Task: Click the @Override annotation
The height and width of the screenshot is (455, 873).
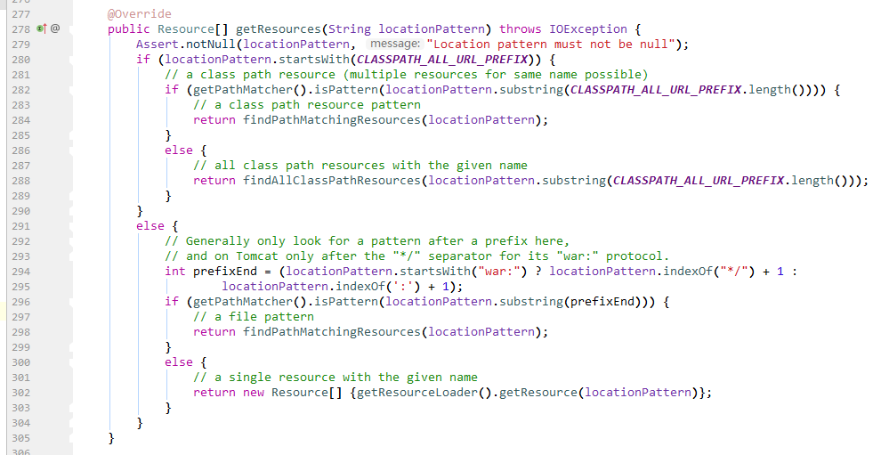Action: point(139,14)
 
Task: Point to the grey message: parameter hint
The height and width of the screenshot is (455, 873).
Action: point(394,45)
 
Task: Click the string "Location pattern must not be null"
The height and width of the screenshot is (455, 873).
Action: point(552,45)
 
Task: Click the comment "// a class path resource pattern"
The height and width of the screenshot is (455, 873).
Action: point(305,105)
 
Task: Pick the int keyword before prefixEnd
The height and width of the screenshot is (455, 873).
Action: point(174,272)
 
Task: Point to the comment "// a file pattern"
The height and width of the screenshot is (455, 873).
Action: point(253,317)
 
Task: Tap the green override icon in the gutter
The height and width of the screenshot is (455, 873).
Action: point(41,29)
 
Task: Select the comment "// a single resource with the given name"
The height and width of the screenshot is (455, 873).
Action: point(335,378)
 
